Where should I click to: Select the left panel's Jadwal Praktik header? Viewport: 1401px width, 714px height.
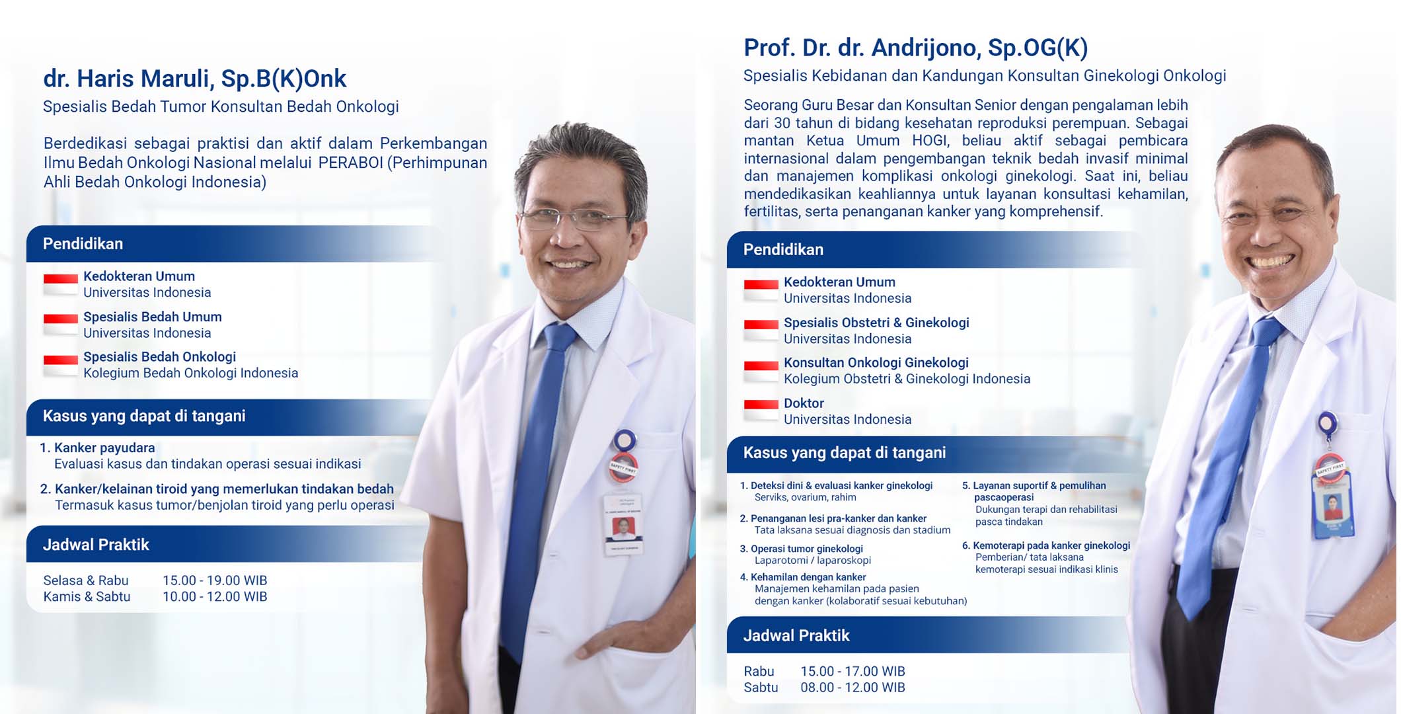pyautogui.click(x=96, y=545)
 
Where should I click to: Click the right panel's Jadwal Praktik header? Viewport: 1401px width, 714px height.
pyautogui.click(x=796, y=635)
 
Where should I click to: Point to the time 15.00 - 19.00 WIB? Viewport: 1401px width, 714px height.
pyautogui.click(x=215, y=580)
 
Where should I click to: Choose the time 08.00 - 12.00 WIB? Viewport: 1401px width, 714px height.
pyautogui.click(x=852, y=688)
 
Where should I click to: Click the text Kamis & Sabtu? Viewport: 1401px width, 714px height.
pyautogui.click(x=87, y=596)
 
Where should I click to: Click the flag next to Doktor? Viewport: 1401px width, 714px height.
pyautogui.click(x=761, y=410)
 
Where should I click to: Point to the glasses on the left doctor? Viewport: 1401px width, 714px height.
pyautogui.click(x=574, y=218)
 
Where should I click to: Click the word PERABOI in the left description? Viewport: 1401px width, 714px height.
pyautogui.click(x=350, y=163)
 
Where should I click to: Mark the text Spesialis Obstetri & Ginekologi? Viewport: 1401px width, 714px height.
pyautogui.click(x=876, y=323)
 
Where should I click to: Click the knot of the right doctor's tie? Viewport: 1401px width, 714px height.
pyautogui.click(x=1268, y=330)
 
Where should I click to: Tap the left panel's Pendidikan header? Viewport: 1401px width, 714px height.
pyautogui.click(x=83, y=244)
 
